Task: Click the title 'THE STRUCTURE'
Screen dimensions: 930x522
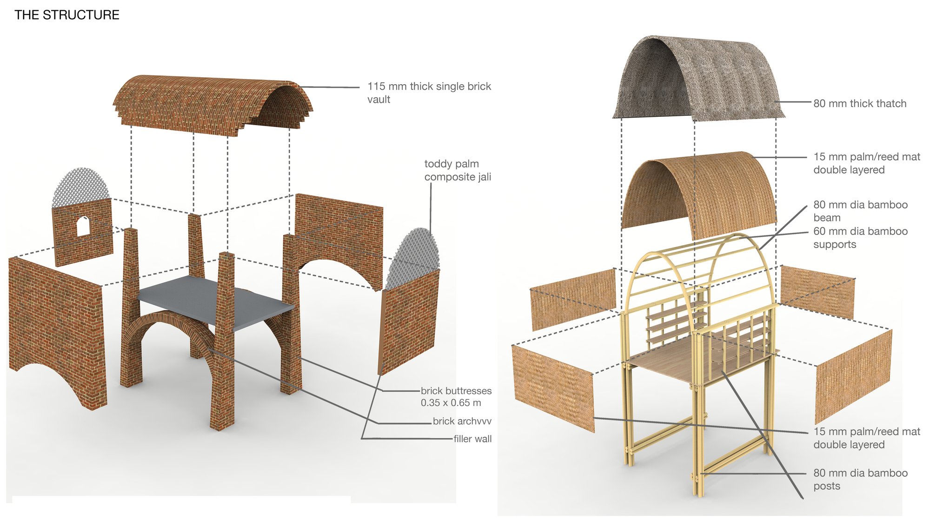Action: click(x=67, y=15)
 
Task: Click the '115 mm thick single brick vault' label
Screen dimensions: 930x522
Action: click(x=429, y=93)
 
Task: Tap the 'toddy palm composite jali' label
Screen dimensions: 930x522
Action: click(x=458, y=170)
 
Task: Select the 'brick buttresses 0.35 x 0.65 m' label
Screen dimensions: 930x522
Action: click(x=456, y=397)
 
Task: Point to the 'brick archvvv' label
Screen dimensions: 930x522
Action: click(x=462, y=421)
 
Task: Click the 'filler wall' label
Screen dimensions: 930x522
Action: click(x=472, y=439)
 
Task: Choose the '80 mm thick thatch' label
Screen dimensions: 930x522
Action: click(x=860, y=103)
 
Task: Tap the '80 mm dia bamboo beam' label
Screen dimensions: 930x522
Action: click(x=860, y=211)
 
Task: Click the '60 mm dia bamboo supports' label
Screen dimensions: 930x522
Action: click(x=860, y=238)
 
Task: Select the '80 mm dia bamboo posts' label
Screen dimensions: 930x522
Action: click(x=860, y=479)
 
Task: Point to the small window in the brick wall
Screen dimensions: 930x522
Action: click(x=83, y=226)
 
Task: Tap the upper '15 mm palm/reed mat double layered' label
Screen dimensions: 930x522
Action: click(x=867, y=163)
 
